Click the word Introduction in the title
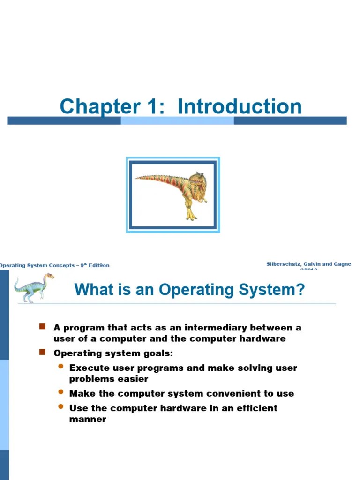click(x=240, y=107)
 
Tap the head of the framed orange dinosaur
click(x=196, y=179)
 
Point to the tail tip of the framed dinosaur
click(x=137, y=178)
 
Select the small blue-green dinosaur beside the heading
click(x=34, y=287)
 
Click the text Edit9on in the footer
click(x=100, y=265)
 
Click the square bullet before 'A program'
click(x=42, y=326)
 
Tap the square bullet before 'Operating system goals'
click(x=42, y=352)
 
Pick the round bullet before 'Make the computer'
click(x=60, y=392)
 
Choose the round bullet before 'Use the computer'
click(x=60, y=406)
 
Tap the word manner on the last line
click(x=88, y=419)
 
